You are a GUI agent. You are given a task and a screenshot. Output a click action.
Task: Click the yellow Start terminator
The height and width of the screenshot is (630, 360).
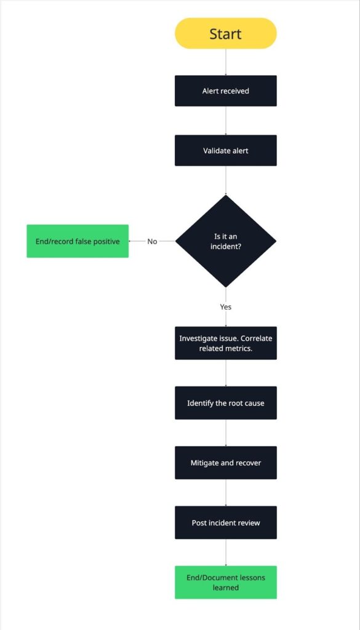point(225,33)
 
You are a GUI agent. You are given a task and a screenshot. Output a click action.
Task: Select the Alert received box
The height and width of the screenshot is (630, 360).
point(225,91)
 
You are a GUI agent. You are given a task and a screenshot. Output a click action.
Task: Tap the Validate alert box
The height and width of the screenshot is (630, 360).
point(225,151)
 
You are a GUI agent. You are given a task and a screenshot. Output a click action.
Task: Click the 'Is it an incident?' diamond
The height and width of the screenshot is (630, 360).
point(225,241)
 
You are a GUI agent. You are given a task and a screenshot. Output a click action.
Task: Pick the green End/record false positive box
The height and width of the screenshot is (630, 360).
point(78,241)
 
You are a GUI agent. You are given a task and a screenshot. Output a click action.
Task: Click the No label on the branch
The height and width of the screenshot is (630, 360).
point(152,241)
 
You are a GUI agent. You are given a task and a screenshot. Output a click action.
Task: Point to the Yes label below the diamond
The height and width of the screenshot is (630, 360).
point(225,306)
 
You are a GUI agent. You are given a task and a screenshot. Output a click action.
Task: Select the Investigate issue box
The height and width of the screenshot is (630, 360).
point(225,343)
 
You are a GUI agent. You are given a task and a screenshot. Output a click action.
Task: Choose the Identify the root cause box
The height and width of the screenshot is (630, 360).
point(225,403)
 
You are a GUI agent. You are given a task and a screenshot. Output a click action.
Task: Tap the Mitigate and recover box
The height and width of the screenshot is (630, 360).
point(225,463)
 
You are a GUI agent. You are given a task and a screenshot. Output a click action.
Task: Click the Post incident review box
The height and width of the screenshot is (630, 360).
point(225,522)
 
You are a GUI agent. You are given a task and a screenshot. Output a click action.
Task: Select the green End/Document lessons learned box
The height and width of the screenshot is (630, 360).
point(225,582)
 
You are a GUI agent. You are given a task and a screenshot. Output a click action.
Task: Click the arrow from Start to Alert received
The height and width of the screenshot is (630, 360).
point(225,62)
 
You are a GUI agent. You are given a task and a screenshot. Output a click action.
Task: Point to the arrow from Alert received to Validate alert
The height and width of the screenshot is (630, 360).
point(225,121)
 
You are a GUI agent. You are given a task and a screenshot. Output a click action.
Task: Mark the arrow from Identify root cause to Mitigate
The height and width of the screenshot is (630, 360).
point(225,433)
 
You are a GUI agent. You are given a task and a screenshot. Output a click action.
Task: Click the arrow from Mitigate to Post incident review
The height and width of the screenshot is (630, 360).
point(225,492)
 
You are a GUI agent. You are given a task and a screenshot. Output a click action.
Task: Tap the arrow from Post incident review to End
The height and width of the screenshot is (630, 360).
point(225,552)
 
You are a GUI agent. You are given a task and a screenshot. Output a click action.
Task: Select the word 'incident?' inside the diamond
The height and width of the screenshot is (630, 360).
point(226,247)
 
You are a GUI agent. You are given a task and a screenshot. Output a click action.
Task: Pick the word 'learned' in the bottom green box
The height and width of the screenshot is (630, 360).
point(225,588)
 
